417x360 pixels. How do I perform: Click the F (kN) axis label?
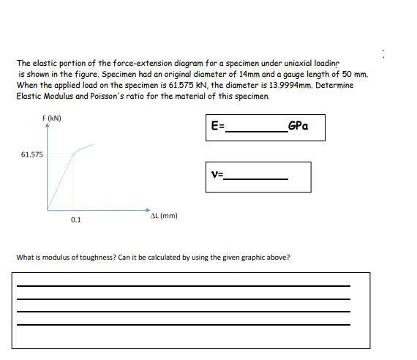tap(52, 118)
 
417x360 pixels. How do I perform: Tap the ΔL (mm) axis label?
tap(163, 216)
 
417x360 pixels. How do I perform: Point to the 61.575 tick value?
tap(32, 154)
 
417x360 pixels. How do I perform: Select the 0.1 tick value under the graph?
tap(76, 220)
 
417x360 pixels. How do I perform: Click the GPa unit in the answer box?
tap(298, 125)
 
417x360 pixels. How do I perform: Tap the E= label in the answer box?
tap(217, 126)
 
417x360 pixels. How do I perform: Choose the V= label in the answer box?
tap(217, 175)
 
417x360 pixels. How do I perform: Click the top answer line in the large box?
tap(183, 285)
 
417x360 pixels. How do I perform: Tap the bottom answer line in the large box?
tap(183, 324)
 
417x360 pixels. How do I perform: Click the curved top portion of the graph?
tap(83, 149)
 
